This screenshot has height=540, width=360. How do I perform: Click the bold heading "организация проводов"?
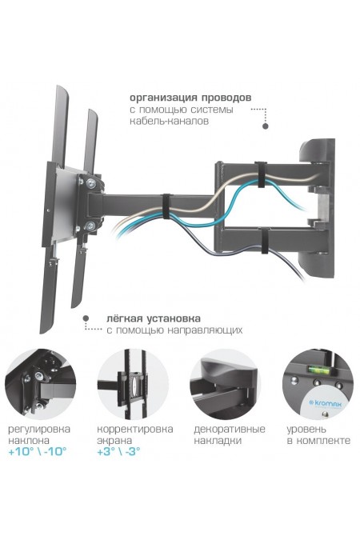[x=190, y=98]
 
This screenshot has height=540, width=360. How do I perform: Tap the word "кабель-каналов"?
[x=169, y=122]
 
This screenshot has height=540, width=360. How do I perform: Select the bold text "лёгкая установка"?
[x=154, y=318]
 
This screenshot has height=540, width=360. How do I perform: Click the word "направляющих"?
[x=205, y=330]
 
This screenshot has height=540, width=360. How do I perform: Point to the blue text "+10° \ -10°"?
[x=38, y=451]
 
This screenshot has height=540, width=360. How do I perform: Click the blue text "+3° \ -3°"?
[x=119, y=451]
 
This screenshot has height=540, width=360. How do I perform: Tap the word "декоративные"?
[x=230, y=430]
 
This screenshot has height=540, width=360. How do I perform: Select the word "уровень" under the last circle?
[x=306, y=430]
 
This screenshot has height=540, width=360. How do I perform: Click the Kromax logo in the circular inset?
[x=326, y=404]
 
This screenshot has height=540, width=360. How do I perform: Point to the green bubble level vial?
[x=315, y=370]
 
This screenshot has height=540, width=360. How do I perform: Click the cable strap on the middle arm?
[x=166, y=206]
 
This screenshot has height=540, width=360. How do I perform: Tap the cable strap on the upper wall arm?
[x=259, y=174]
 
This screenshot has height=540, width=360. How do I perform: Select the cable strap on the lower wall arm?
[x=265, y=240]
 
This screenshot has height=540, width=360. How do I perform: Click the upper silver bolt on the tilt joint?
[x=91, y=183]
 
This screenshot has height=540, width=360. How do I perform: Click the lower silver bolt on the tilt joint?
[x=90, y=226]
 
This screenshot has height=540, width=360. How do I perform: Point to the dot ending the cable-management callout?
[x=266, y=126]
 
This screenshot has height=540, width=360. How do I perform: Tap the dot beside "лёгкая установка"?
[x=86, y=318]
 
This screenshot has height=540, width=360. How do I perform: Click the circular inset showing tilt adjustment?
[x=41, y=384]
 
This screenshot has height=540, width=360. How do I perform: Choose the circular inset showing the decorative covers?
[x=226, y=384]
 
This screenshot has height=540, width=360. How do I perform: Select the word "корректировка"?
[x=135, y=430]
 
